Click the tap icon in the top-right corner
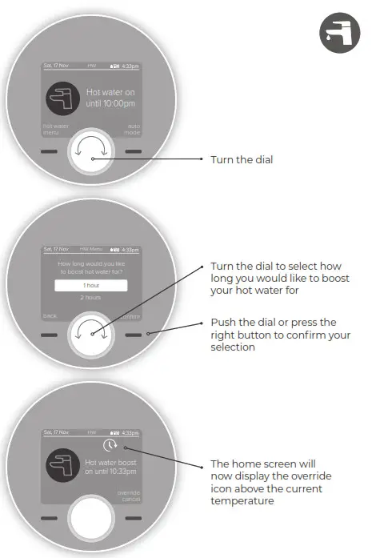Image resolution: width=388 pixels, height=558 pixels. [340, 34]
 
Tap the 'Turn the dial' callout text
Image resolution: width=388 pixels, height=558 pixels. [242, 159]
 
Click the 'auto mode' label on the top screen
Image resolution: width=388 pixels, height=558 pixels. [131, 129]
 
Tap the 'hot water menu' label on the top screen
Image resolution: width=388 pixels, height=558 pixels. [54, 129]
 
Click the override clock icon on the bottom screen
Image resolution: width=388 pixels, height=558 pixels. [110, 445]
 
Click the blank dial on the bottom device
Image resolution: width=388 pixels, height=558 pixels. [92, 519]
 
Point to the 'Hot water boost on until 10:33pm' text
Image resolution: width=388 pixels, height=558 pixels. [110, 468]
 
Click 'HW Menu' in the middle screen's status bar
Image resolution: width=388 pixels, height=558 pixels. [90, 250]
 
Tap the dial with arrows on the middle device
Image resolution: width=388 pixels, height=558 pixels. [92, 335]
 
